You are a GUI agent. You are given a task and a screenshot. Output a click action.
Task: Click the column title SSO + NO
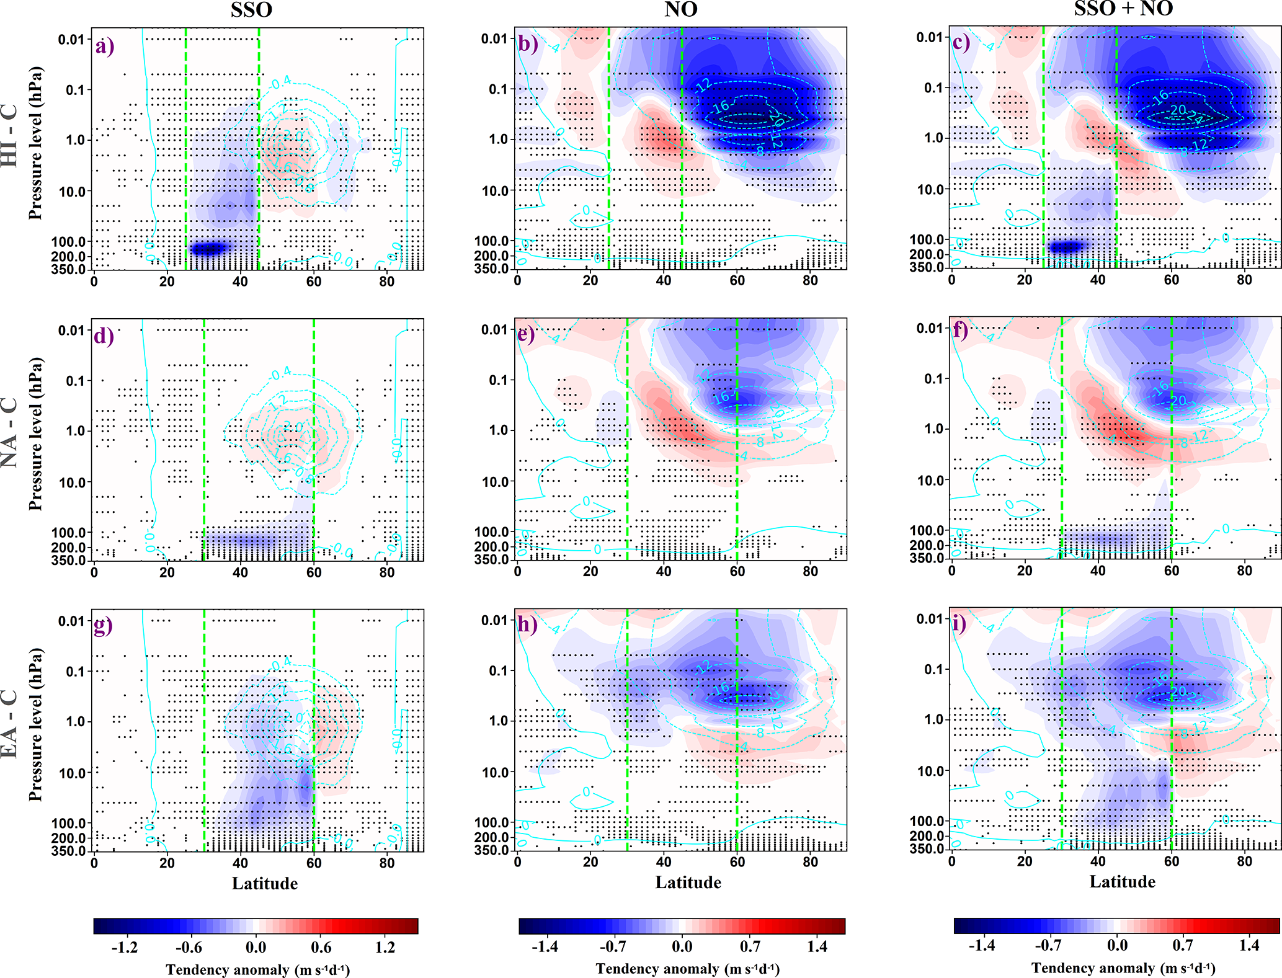(x=1123, y=9)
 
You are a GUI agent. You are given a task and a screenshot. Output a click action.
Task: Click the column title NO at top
(x=680, y=9)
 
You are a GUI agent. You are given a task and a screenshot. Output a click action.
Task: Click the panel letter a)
(x=105, y=47)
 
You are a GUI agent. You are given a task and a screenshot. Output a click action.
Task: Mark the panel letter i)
(x=959, y=623)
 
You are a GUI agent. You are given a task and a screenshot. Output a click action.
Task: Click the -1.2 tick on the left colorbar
(x=125, y=947)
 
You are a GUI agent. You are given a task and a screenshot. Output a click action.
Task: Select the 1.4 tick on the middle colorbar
(x=817, y=946)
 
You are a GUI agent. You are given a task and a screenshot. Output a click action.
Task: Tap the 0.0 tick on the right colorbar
(x=1117, y=946)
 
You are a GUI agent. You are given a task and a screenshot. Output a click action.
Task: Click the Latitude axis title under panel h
(x=688, y=882)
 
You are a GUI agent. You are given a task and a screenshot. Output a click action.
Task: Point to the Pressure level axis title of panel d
(x=35, y=434)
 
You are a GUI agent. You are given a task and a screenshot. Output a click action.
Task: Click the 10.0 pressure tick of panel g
(x=72, y=773)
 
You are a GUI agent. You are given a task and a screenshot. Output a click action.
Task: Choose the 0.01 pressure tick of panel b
(x=494, y=39)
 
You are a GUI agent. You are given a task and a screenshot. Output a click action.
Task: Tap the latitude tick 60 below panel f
(x=1171, y=571)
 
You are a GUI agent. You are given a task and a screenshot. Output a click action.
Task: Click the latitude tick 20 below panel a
(x=167, y=281)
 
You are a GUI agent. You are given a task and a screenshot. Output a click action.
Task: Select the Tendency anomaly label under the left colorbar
(x=257, y=969)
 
